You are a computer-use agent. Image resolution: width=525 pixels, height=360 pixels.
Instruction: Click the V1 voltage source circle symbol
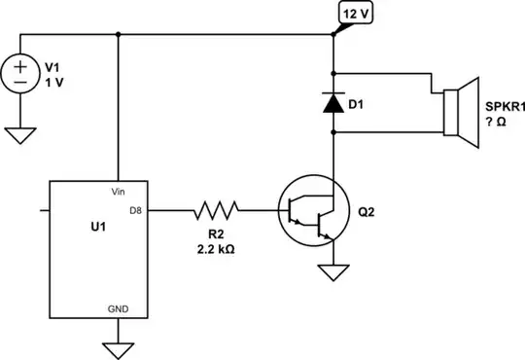point(19,75)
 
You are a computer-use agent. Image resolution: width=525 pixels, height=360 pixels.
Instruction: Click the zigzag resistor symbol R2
point(216,208)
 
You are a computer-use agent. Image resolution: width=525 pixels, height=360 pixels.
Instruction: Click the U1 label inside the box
point(86,226)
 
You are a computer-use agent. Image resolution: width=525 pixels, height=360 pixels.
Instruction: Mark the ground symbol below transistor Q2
point(333,272)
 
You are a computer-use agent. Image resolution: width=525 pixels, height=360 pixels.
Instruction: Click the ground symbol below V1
point(19,134)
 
